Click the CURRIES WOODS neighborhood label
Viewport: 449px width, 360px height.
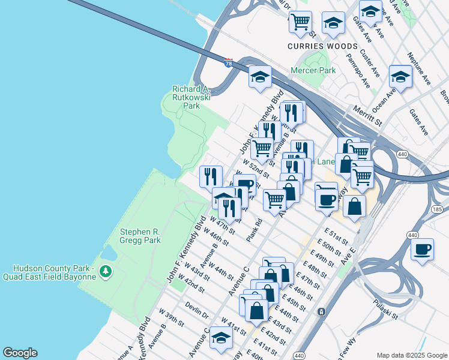(322, 46)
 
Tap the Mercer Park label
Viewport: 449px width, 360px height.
(313, 70)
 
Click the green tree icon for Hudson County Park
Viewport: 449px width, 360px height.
(106, 272)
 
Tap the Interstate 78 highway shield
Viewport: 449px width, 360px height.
(228, 63)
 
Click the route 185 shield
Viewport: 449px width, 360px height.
(436, 209)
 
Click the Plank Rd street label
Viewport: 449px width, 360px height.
(255, 230)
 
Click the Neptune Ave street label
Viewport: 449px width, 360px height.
(418, 68)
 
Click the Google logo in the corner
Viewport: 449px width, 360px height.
(20, 353)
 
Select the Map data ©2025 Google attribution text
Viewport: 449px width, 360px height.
(411, 355)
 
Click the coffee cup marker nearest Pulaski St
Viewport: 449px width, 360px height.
(422, 249)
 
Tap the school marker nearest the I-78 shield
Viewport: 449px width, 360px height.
(260, 77)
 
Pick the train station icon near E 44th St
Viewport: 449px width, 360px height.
(322, 311)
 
